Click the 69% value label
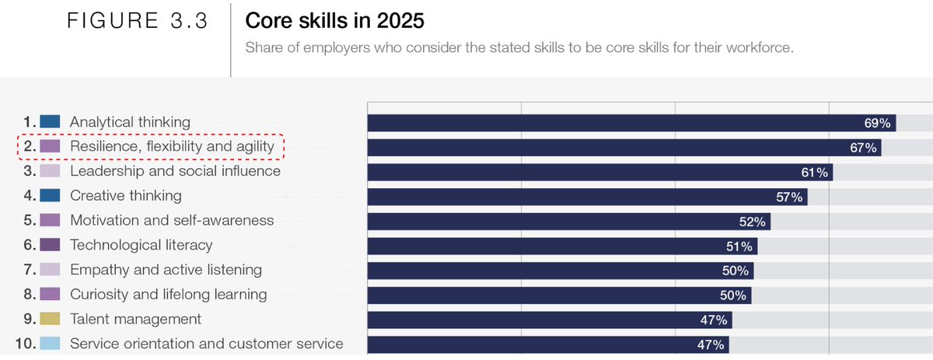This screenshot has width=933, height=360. (x=876, y=123)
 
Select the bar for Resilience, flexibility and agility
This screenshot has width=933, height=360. (x=622, y=148)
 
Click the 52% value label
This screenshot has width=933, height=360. (x=753, y=222)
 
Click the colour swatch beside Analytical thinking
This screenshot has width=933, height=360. (x=51, y=121)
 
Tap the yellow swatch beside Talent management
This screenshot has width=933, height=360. (x=51, y=319)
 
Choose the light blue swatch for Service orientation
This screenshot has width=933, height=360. (x=51, y=344)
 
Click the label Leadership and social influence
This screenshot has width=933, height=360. (x=175, y=171)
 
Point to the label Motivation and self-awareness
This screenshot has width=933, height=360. (x=172, y=220)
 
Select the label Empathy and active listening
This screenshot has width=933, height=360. (x=166, y=270)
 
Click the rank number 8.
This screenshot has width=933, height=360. (x=29, y=295)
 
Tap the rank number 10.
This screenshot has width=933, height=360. (x=26, y=344)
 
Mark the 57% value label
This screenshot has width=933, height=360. (x=789, y=197)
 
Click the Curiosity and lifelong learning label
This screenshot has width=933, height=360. (x=168, y=295)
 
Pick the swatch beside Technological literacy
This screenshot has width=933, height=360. (x=51, y=245)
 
